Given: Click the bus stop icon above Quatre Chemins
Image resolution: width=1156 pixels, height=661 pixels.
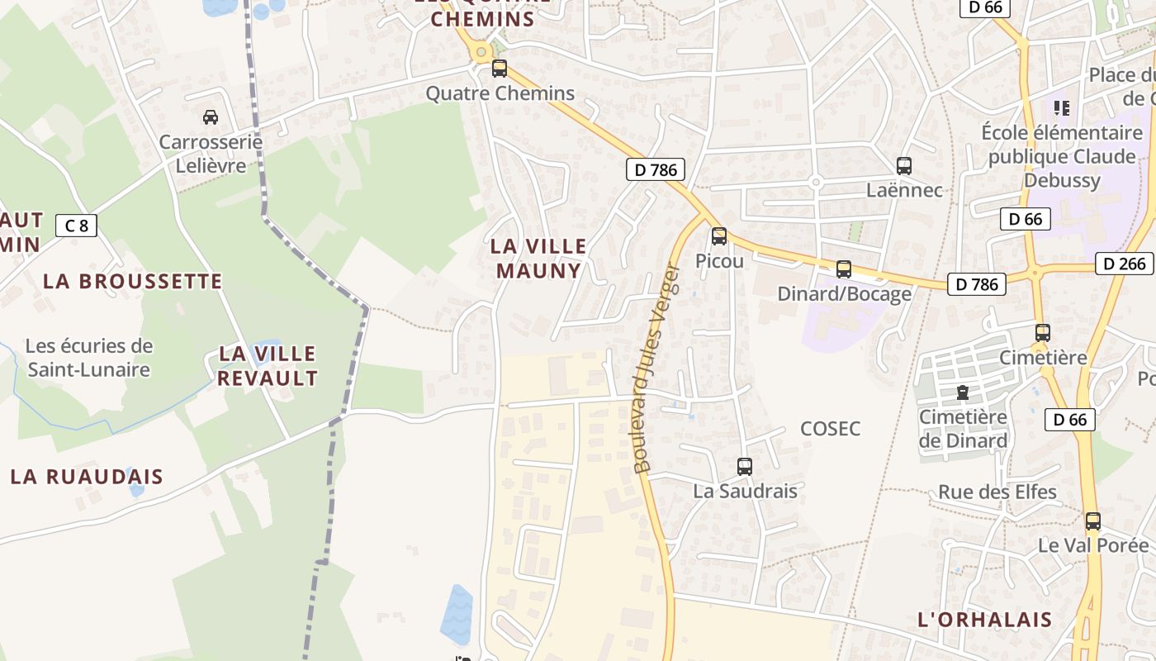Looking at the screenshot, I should pos(499,69).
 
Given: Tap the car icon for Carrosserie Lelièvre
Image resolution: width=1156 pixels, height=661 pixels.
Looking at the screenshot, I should pos(211,117).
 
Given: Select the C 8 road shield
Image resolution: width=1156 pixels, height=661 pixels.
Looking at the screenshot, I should pos(76,225).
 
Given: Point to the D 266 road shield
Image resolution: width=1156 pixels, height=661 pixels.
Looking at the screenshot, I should pos(1124,264).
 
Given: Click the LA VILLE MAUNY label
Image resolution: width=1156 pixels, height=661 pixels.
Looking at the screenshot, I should pos(538,258).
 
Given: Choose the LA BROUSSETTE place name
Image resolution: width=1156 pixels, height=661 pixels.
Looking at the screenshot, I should pos(133,281).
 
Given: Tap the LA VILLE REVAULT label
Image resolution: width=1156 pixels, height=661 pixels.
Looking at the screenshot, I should pos(268,366).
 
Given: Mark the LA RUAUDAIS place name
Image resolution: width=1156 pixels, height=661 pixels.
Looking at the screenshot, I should pos(87,477).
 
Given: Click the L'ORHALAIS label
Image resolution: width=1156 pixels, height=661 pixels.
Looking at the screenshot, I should pos(985,620).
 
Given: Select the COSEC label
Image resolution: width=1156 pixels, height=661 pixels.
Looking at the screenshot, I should pos(831,429).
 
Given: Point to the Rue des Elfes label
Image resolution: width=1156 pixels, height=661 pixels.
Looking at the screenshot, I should pos(997,492).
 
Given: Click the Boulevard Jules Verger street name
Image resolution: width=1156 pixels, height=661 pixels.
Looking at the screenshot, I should pos(656,369).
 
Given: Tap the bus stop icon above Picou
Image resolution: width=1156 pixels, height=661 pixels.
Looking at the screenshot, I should pos(719,236).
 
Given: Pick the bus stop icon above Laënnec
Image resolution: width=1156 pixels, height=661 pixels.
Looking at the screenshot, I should pos(904,166).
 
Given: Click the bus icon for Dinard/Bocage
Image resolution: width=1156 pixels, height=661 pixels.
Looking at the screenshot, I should pos(844,269).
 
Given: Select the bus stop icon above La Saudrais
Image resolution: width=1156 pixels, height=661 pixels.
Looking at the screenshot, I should pos(745,467).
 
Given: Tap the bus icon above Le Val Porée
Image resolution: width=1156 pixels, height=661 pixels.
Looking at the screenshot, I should pos(1093,521).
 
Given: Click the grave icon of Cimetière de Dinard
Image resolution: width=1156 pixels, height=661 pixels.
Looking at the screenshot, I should pos(962,392).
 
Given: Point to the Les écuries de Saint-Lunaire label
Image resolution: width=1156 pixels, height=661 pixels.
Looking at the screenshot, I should pos(89,357).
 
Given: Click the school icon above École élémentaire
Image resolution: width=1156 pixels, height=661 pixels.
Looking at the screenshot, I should pos(1062,107).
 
